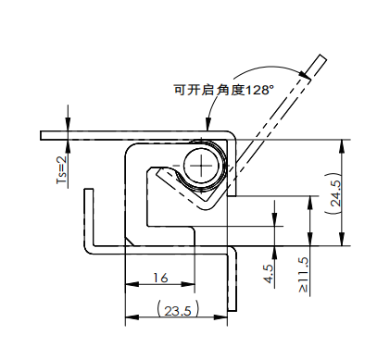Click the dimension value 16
click(x=159, y=277)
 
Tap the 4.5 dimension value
click(x=268, y=274)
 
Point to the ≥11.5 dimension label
click(x=303, y=275)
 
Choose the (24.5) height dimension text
click(x=334, y=194)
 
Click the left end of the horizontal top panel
click(x=42, y=135)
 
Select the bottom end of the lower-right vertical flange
click(x=233, y=308)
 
